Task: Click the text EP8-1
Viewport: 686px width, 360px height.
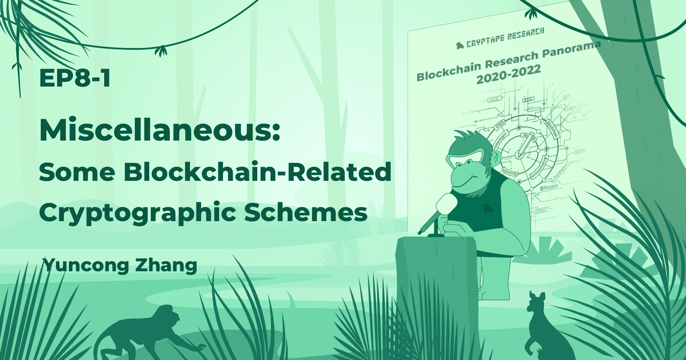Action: tap(75, 78)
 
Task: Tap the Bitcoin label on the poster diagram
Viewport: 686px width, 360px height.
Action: tap(549, 188)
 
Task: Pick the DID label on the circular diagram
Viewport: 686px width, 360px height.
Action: tap(500, 126)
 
